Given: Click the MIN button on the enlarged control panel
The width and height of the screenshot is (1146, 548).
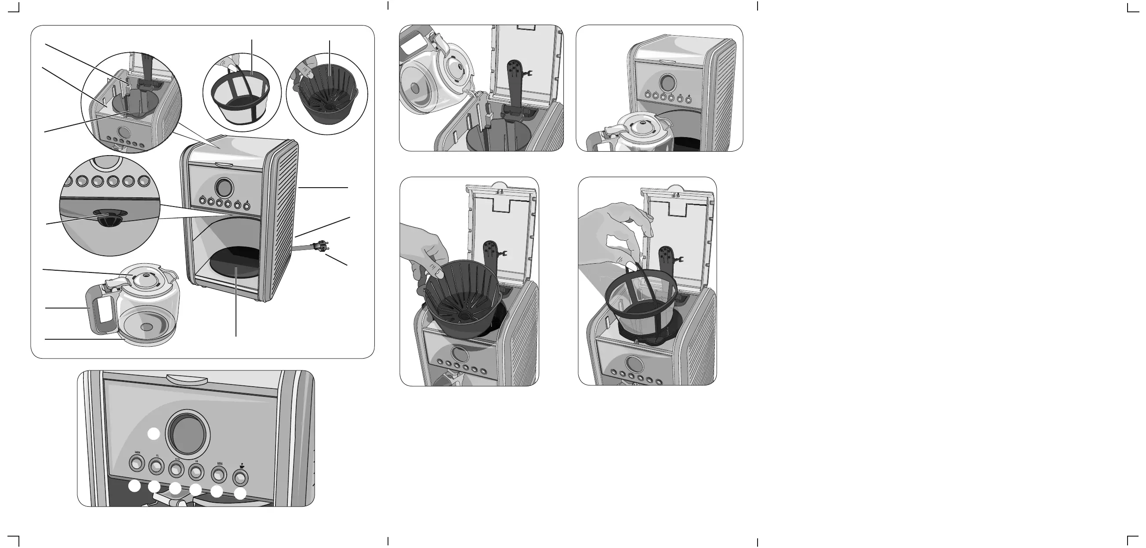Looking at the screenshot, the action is pyautogui.click(x=218, y=475).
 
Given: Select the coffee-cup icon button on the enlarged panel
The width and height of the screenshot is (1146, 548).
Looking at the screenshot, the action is pyautogui.click(x=240, y=478).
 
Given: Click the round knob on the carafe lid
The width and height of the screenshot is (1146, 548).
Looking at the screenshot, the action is pyautogui.click(x=146, y=278).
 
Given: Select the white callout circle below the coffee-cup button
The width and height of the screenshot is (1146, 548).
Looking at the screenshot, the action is pyautogui.click(x=240, y=494).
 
